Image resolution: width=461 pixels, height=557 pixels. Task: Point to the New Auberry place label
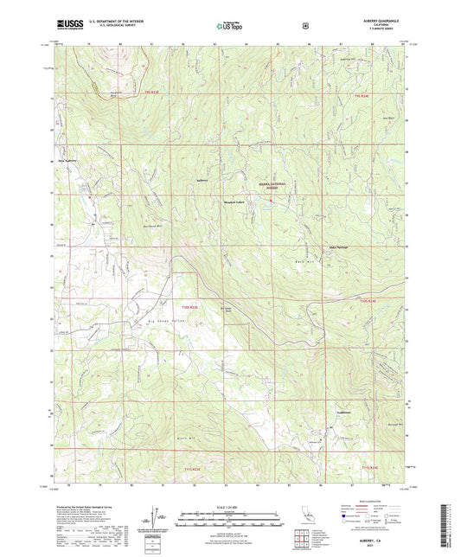(68, 159)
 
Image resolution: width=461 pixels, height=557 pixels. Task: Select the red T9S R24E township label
(371, 96)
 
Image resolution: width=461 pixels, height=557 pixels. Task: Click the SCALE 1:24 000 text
(228, 506)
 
